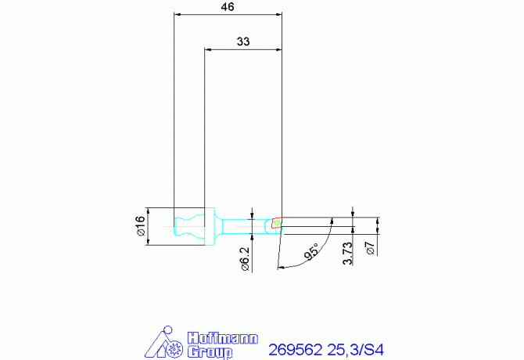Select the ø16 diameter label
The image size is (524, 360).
coord(140,226)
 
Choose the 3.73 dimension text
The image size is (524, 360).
coord(348,254)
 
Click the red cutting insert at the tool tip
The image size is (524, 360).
coord(276,224)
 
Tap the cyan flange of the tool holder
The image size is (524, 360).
coord(209,226)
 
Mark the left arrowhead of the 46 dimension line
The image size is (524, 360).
coord(177,15)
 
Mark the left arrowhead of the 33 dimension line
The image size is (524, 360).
coord(207,50)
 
